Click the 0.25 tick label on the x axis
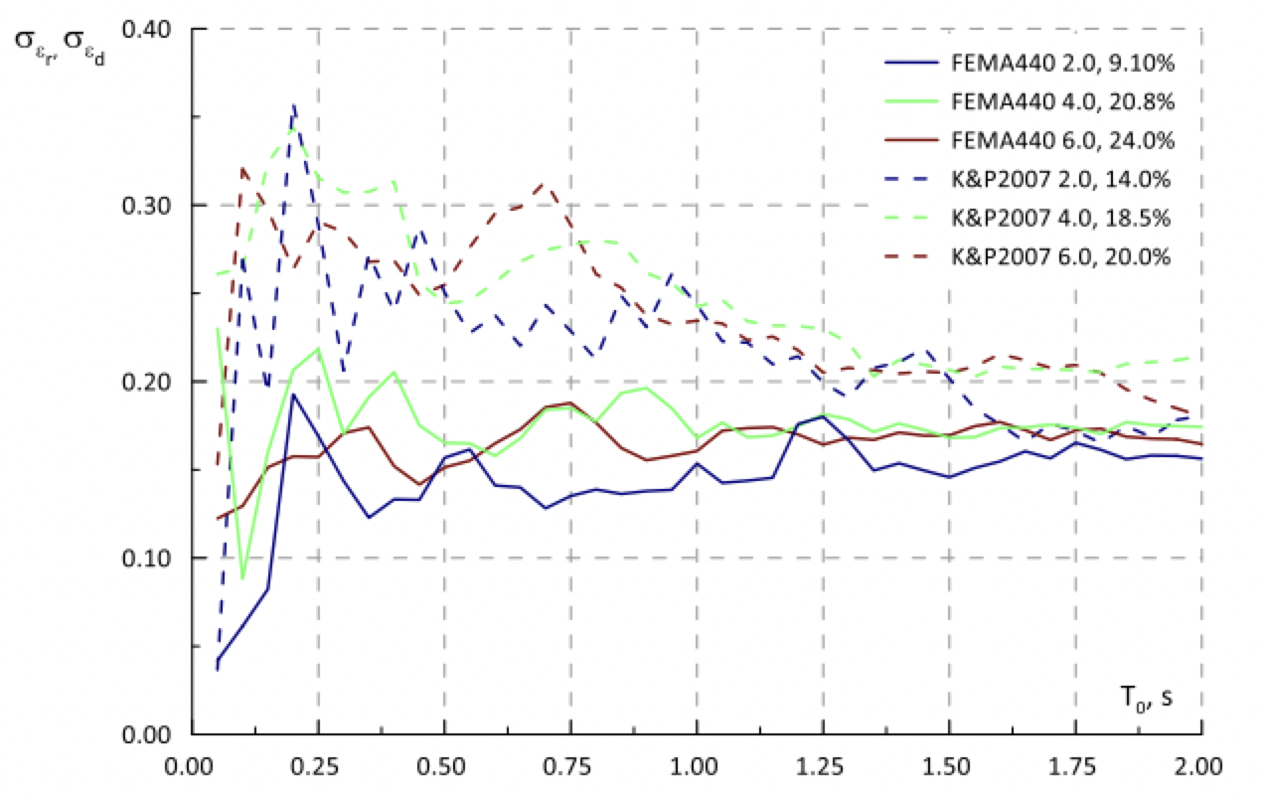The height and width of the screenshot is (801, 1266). (318, 768)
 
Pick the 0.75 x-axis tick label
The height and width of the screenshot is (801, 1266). (570, 768)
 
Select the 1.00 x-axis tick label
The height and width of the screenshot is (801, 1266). (697, 768)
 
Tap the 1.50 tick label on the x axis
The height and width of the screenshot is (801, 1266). (949, 768)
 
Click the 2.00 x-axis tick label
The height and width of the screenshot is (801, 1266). (1200, 768)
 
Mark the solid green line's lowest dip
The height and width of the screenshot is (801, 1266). (242, 578)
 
